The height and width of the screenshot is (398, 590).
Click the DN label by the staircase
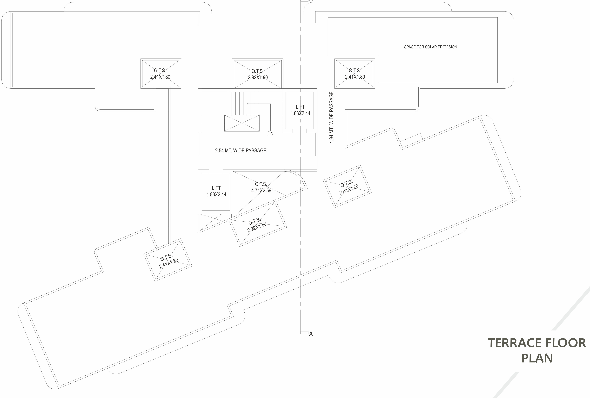click(270, 134)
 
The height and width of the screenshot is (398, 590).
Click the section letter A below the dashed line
click(311, 334)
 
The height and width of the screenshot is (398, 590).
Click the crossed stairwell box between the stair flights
click(242, 123)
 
